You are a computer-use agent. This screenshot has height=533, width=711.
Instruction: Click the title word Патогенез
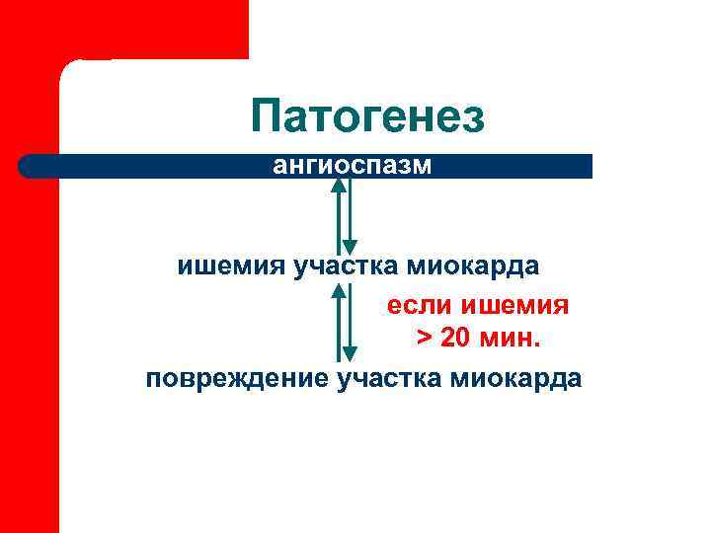click(367, 116)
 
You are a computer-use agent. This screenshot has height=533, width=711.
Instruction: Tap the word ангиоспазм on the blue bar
click(353, 165)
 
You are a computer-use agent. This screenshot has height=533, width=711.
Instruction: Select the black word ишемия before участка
click(230, 266)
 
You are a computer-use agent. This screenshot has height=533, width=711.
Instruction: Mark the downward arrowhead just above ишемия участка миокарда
click(349, 247)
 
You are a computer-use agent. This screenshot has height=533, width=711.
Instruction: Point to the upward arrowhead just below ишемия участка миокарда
click(339, 290)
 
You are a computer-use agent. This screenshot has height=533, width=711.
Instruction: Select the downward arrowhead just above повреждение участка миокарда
click(349, 353)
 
